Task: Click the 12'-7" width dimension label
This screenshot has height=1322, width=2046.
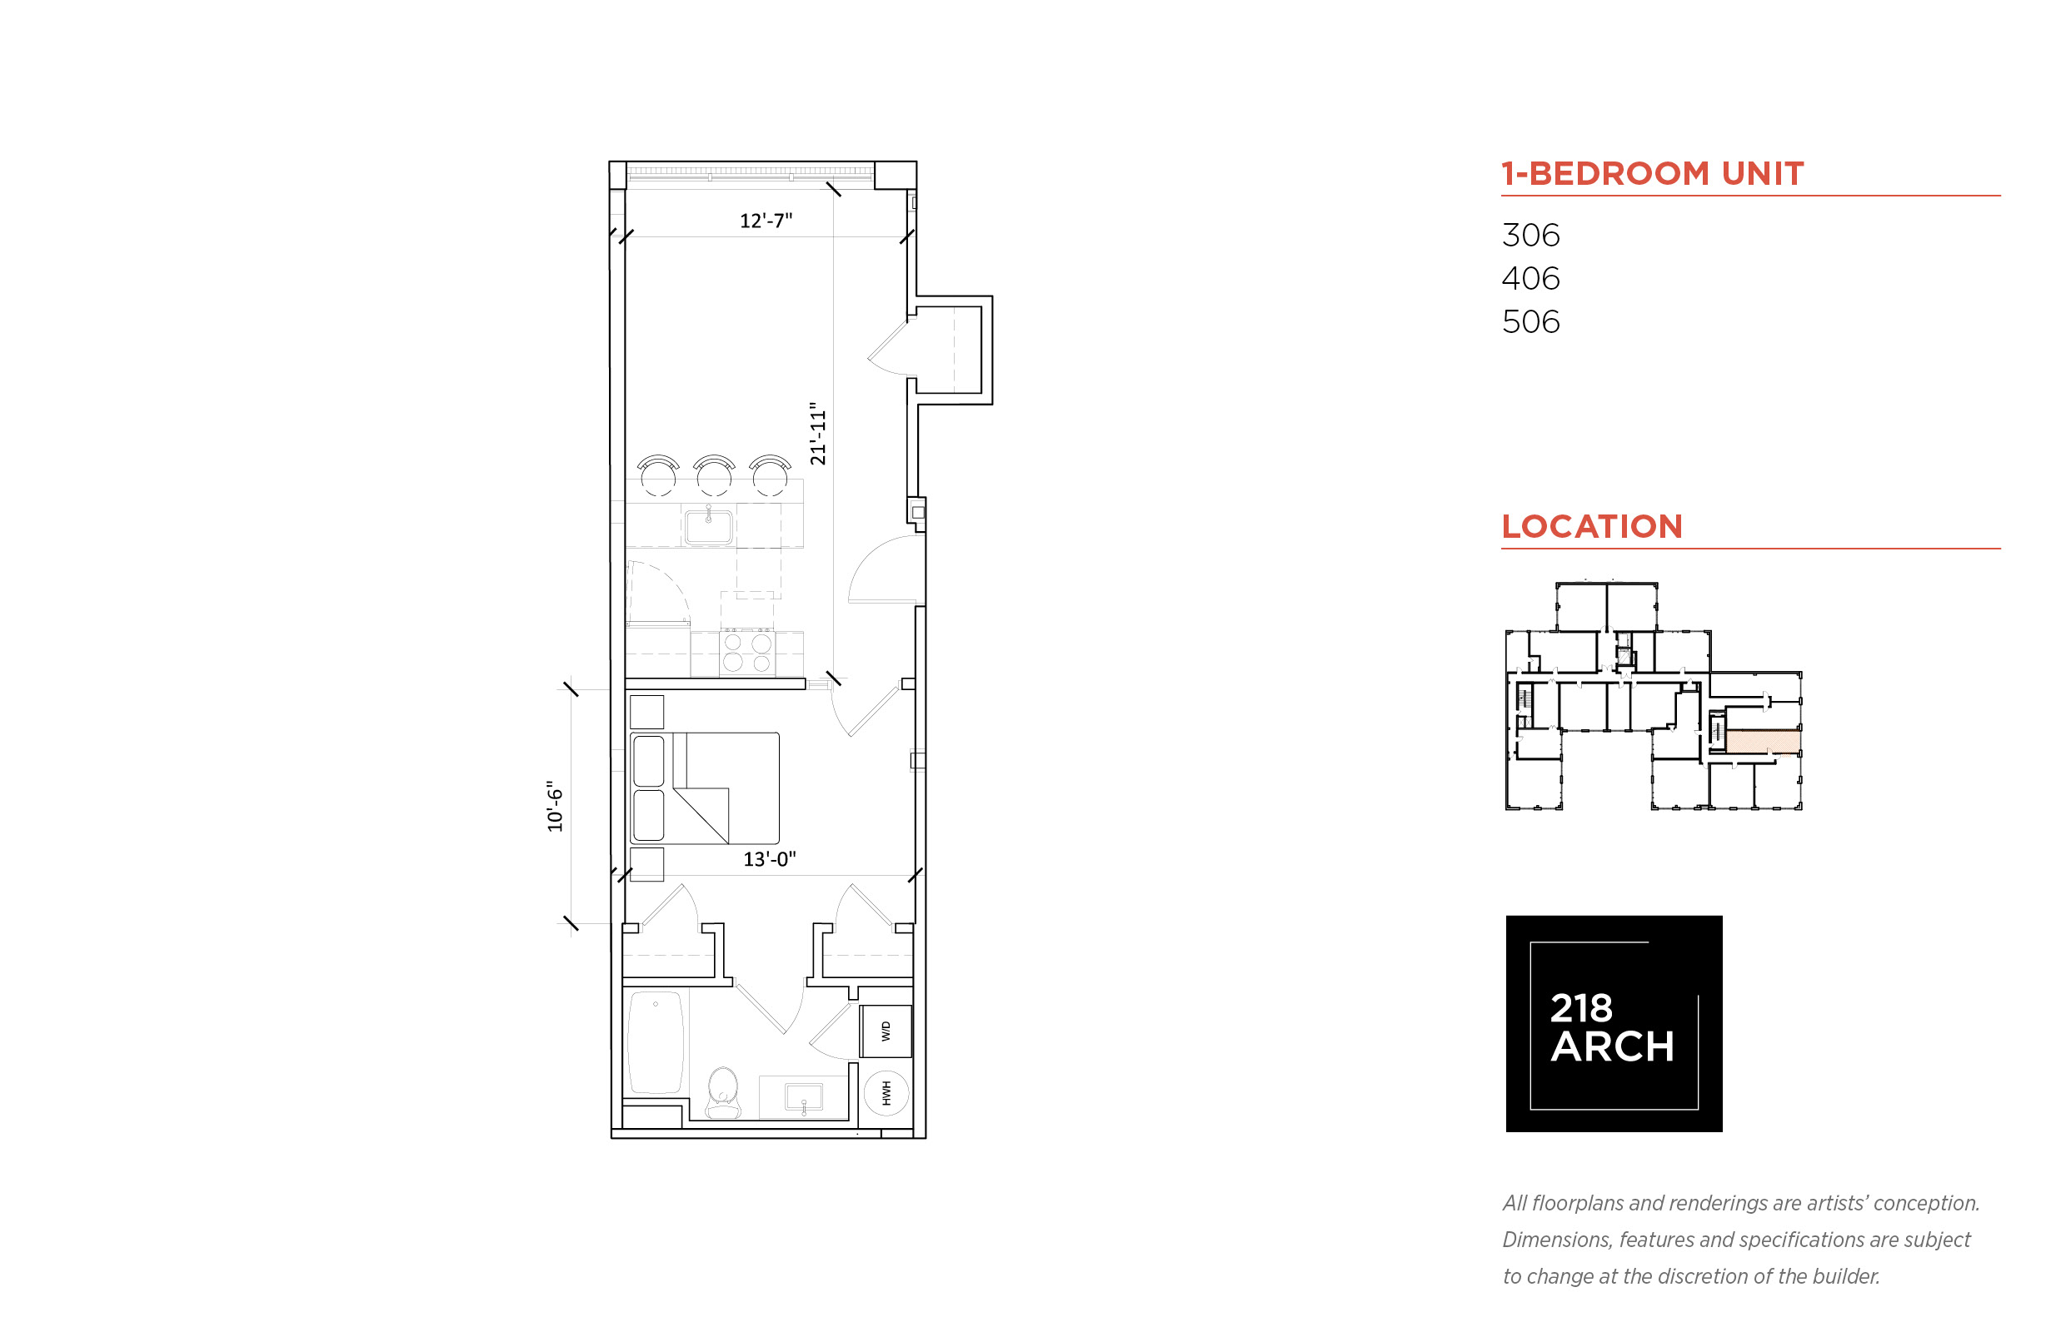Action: click(x=766, y=221)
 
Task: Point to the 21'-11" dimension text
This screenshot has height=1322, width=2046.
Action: click(x=818, y=434)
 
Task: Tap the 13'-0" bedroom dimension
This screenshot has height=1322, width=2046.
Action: click(x=770, y=858)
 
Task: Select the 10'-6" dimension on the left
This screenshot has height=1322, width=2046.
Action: click(x=555, y=806)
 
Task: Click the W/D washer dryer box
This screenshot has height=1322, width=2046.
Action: click(x=886, y=1031)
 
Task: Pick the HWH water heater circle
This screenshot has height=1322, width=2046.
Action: click(x=886, y=1093)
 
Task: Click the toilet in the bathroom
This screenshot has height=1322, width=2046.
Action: click(x=722, y=1093)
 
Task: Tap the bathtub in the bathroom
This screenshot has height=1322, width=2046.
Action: click(x=656, y=1042)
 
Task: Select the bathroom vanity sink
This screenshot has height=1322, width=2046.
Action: click(x=803, y=1097)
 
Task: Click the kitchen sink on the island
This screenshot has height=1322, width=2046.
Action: click(x=708, y=525)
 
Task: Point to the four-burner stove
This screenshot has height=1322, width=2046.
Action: click(x=746, y=653)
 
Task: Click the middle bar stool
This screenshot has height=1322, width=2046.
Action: click(x=714, y=475)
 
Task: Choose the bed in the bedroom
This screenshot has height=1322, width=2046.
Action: click(x=704, y=788)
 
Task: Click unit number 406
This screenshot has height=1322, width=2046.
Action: click(x=1530, y=278)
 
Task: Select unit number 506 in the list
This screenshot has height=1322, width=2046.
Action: click(x=1530, y=322)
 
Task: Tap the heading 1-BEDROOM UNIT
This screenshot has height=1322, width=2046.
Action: click(x=1652, y=173)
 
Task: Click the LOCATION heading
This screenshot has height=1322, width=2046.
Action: click(x=1592, y=526)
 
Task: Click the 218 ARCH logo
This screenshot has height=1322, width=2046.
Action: click(x=1613, y=1023)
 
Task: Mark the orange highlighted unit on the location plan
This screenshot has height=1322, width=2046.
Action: click(x=1763, y=742)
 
